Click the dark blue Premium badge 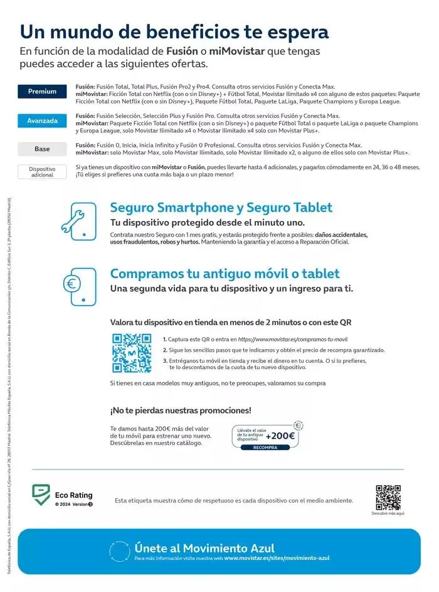42,92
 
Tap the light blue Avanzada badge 42,121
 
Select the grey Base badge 42,149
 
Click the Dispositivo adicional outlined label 42,171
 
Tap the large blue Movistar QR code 132,353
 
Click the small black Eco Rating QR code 388,497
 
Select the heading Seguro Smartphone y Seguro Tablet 221,208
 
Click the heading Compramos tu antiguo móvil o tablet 225,274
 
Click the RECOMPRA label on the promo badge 265,448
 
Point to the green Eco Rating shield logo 41,495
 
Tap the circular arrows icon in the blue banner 119,551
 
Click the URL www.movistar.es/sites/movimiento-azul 276,557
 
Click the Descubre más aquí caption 388,513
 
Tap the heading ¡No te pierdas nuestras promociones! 181,411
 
